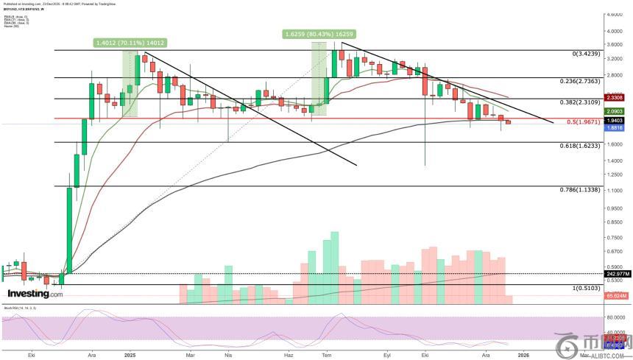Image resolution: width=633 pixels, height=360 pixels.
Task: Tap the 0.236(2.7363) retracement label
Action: coord(570,81)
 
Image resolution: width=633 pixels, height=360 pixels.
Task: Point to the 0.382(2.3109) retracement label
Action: coord(570,102)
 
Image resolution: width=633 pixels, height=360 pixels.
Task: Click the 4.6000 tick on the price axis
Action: coord(615,14)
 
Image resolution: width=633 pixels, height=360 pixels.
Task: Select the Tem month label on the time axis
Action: coord(327,355)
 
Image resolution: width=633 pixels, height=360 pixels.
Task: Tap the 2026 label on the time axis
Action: coord(523,355)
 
